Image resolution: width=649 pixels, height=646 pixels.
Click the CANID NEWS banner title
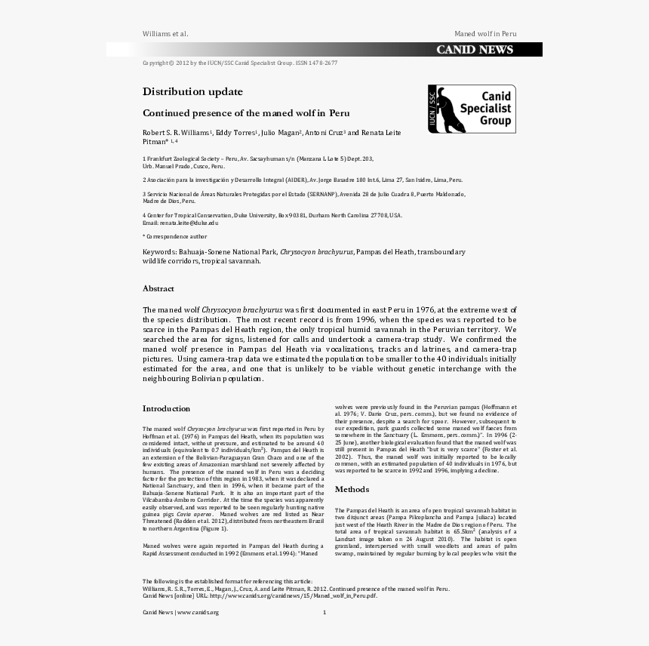pos(474,50)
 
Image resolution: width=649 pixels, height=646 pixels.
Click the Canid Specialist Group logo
pos(472,109)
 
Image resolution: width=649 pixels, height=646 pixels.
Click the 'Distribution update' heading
pos(192,91)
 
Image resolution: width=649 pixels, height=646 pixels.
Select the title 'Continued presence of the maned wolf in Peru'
pos(246,112)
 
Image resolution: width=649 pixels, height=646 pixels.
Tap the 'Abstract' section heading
pos(158,288)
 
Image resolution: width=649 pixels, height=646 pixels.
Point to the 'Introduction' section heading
pos(166,408)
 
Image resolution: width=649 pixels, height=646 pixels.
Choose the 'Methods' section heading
pos(352,489)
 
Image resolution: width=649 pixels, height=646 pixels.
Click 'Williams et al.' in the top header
pos(165,34)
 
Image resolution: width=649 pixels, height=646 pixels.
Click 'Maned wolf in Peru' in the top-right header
pos(485,34)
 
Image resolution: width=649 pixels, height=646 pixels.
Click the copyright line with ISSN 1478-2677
pos(240,63)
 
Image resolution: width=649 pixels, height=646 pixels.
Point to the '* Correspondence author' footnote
pos(174,236)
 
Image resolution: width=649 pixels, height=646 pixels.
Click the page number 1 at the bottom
pos(324,612)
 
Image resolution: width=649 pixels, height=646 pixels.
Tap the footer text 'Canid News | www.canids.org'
pos(180,612)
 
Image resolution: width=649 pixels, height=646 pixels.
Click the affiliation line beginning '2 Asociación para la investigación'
pos(303,180)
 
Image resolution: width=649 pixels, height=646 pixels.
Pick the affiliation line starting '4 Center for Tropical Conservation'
pos(272,215)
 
